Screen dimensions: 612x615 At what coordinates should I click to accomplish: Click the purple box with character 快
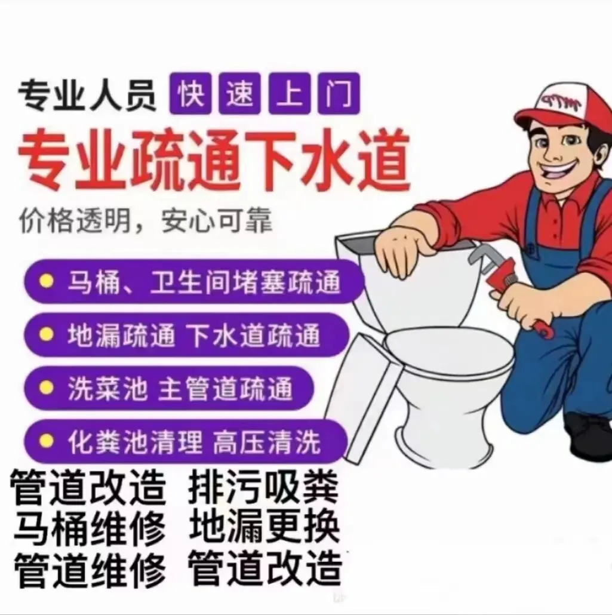point(190,93)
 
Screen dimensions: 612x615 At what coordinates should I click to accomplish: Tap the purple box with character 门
point(339,93)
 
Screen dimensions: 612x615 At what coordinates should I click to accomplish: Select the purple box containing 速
point(239,93)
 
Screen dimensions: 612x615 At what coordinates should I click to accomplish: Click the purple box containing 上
point(290,93)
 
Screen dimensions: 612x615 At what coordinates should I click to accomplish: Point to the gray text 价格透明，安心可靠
point(146,221)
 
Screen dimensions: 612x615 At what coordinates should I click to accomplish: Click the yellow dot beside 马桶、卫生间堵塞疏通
point(47,281)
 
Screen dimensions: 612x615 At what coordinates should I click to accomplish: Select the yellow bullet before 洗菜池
point(47,388)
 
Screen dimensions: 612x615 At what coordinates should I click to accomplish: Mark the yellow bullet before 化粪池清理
point(47,441)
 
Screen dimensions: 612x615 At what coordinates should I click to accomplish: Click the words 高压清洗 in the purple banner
point(267,442)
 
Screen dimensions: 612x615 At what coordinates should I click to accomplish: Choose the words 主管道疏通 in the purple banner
point(225,389)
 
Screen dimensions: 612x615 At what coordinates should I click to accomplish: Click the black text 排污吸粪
point(263,488)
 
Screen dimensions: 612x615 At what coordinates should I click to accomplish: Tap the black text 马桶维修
point(90,528)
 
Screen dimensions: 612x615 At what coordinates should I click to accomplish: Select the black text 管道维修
point(90,570)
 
